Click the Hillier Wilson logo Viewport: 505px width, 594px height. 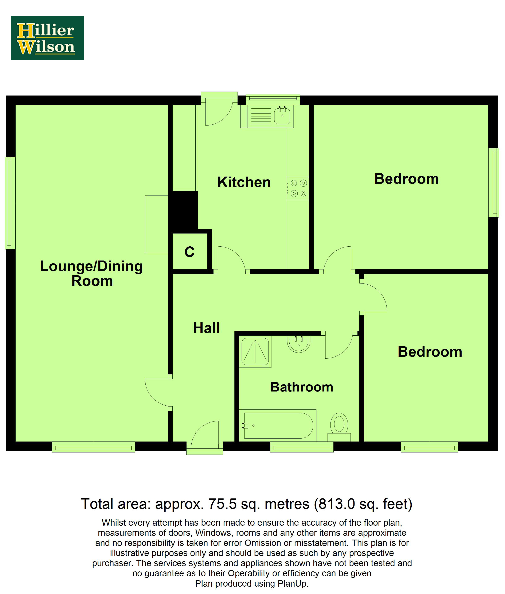47,38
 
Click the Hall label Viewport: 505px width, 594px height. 206,328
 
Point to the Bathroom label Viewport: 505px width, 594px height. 302,387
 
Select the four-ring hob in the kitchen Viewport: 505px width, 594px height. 297,188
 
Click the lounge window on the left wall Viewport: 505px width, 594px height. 10,203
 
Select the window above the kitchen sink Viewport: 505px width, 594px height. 273,99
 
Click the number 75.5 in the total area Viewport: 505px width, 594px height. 222,504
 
